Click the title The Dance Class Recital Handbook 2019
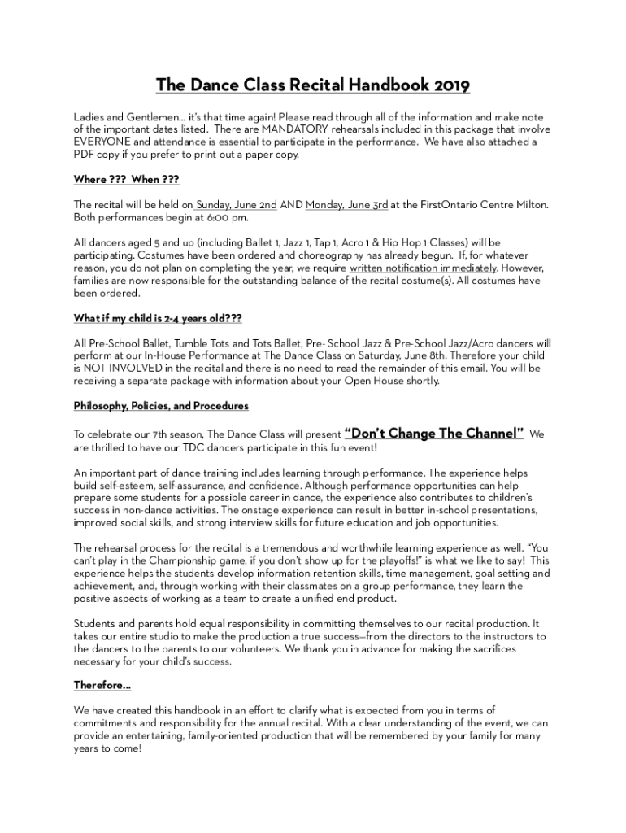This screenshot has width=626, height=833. point(313,85)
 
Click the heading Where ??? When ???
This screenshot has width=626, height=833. point(126,180)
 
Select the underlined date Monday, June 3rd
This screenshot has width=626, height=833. point(346,205)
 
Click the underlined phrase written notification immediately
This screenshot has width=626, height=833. point(423,268)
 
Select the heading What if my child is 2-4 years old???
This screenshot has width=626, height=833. point(159,318)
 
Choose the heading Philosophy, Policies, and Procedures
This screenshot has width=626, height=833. point(161,406)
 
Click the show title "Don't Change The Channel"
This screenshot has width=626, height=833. point(434,434)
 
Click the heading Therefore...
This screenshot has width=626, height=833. point(102,685)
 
